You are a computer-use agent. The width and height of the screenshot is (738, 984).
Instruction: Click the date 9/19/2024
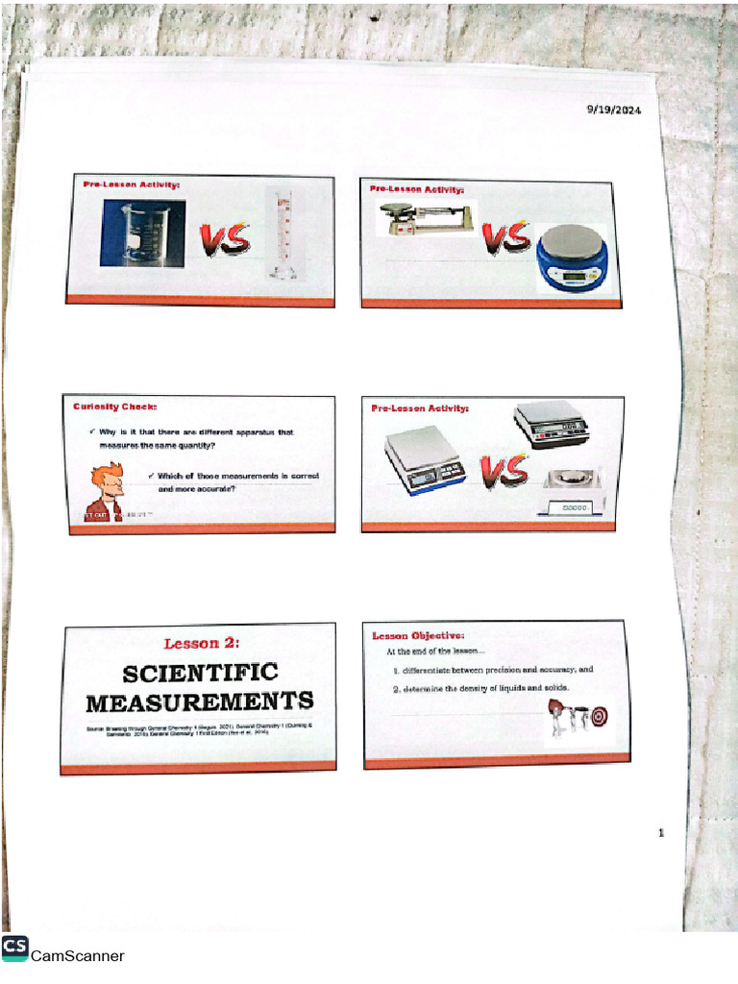[x=614, y=110]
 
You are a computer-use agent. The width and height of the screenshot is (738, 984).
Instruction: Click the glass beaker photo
[x=143, y=233]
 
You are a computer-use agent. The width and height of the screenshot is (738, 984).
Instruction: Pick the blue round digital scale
[x=573, y=260]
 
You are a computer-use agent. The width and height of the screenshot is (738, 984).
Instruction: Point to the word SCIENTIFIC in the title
[x=200, y=673]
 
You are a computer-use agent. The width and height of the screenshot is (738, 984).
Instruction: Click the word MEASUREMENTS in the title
[x=200, y=701]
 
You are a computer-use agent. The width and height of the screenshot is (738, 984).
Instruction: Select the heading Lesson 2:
[x=201, y=643]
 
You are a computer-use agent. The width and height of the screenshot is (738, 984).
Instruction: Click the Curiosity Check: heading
[x=115, y=406]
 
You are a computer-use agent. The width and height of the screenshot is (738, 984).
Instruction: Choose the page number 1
[x=661, y=833]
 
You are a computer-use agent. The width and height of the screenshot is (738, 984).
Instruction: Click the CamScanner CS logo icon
[x=14, y=947]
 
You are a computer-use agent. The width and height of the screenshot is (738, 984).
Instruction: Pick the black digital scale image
[x=551, y=424]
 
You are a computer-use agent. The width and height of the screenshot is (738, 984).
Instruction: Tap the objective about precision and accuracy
[x=493, y=669]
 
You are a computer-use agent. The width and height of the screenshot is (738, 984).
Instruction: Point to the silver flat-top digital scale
[x=424, y=460]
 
